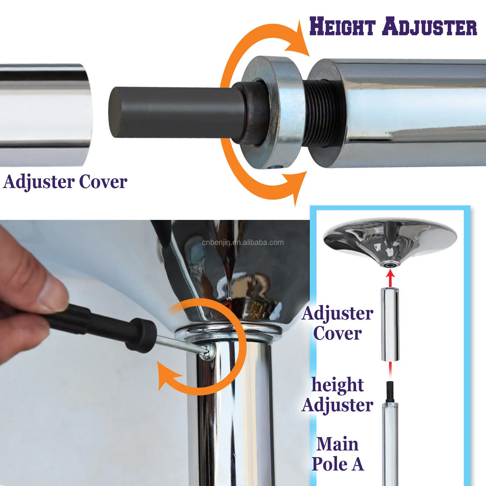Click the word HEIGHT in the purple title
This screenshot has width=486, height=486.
[343, 26]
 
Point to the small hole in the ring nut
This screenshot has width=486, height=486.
[276, 166]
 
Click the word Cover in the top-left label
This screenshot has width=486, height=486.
[103, 182]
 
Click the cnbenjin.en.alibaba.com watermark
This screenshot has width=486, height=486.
[243, 242]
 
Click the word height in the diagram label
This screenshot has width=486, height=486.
[338, 385]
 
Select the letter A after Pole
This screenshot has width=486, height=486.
[358, 464]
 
